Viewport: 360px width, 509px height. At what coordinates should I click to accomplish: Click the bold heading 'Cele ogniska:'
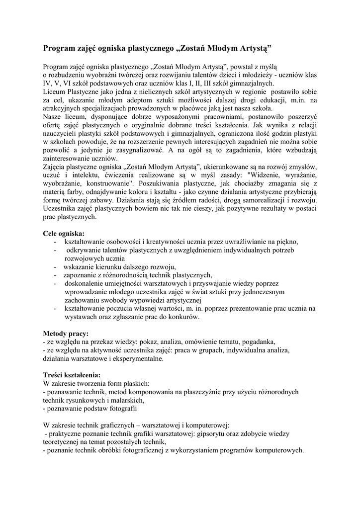coord(64,233)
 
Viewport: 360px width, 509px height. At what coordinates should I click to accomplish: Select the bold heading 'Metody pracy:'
coord(66,333)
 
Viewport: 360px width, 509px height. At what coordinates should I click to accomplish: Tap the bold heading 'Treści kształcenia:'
coord(72,374)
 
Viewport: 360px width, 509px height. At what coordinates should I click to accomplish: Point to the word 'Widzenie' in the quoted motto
coord(261,174)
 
